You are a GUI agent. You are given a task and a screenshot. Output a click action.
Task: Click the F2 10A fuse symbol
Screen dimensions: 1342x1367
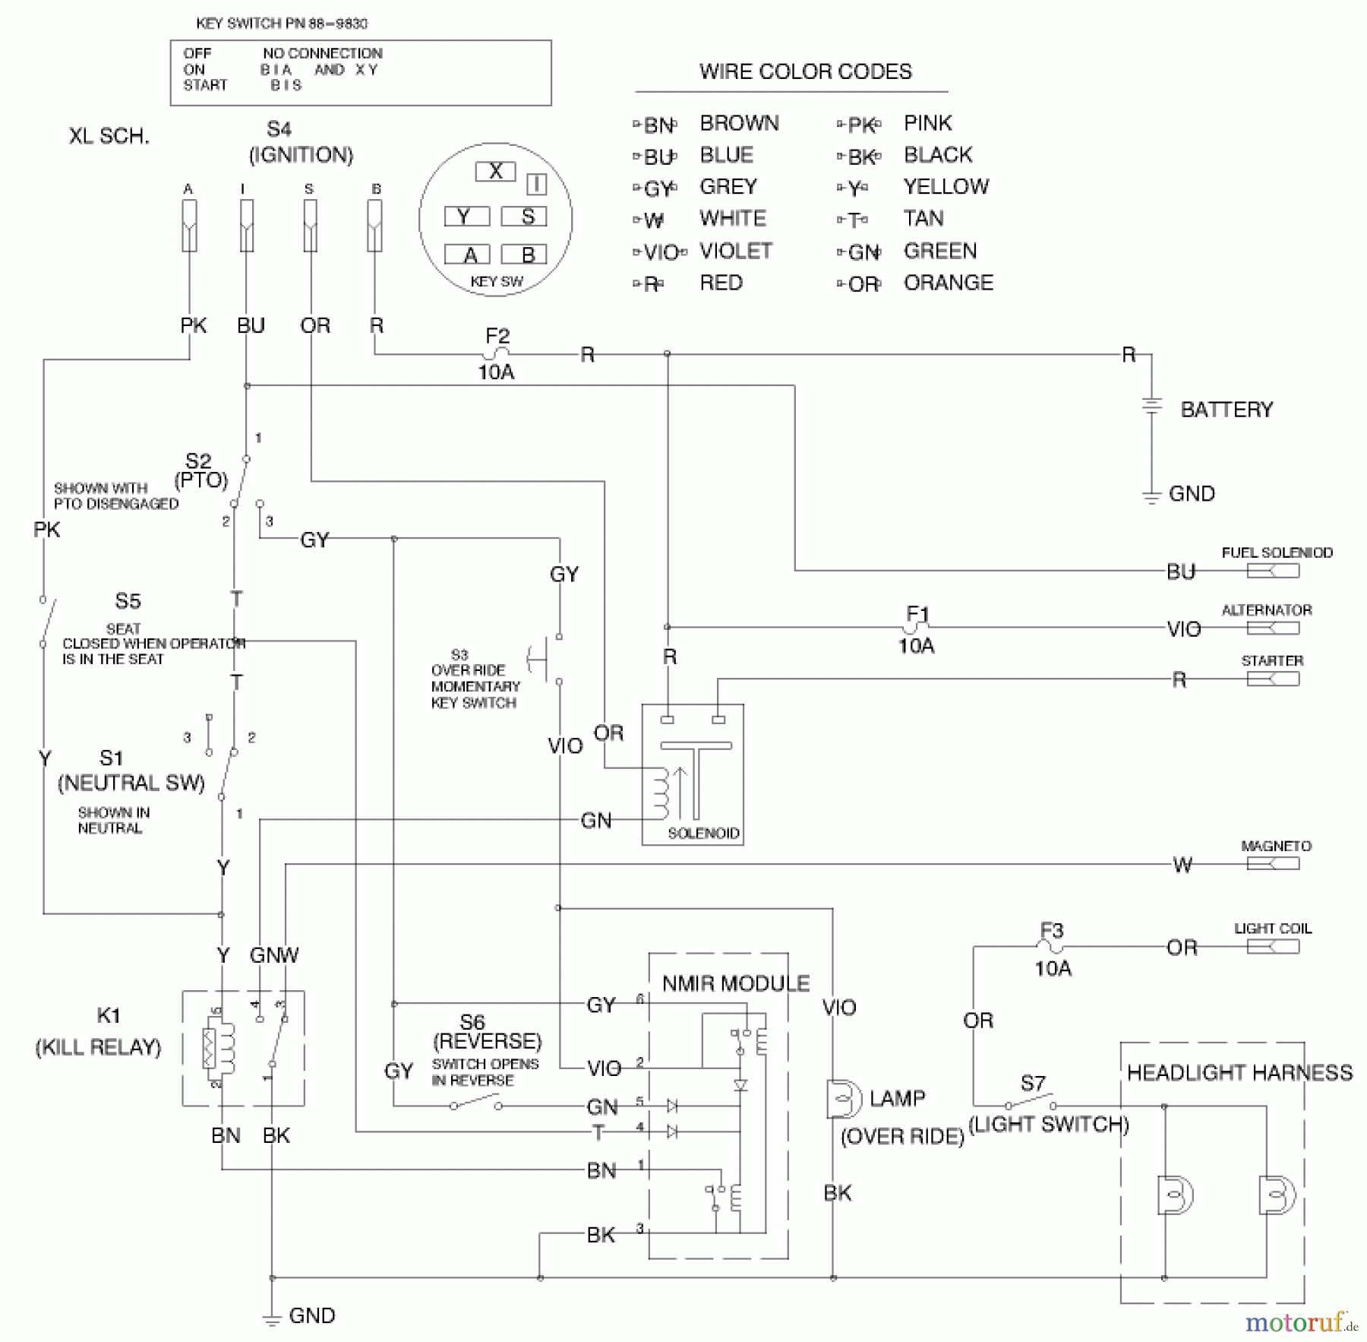(497, 353)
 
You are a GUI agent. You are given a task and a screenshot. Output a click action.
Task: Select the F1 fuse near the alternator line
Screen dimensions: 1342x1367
(916, 627)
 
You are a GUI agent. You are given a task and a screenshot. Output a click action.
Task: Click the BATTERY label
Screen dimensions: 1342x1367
(1226, 410)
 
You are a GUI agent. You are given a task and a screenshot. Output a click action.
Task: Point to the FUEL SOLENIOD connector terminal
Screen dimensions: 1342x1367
(1273, 571)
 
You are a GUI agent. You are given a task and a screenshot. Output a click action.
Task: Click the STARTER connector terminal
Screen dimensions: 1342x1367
(1273, 679)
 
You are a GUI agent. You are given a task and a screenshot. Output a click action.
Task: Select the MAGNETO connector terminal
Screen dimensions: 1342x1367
(1273, 864)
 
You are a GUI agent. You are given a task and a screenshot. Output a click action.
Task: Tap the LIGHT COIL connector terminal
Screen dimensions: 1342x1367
(1273, 947)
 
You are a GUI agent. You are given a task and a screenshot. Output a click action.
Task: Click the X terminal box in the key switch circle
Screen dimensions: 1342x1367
(495, 172)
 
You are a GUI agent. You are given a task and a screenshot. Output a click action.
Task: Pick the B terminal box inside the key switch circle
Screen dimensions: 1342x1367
(528, 255)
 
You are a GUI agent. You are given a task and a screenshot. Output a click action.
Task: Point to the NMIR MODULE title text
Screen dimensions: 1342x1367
(735, 983)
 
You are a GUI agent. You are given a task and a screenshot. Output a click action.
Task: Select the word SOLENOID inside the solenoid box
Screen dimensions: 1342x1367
(703, 833)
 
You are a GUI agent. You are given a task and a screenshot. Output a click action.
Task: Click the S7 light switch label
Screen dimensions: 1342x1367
(1033, 1083)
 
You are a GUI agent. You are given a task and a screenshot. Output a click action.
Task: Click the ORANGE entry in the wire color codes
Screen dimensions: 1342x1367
(948, 283)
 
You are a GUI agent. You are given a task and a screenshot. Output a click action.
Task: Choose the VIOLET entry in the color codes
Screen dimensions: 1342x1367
(735, 251)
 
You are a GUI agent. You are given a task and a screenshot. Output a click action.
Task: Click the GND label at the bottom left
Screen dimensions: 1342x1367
(311, 1315)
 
